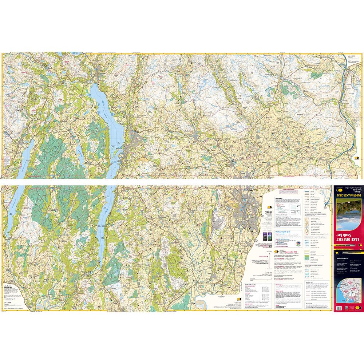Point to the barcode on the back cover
(339, 308)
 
